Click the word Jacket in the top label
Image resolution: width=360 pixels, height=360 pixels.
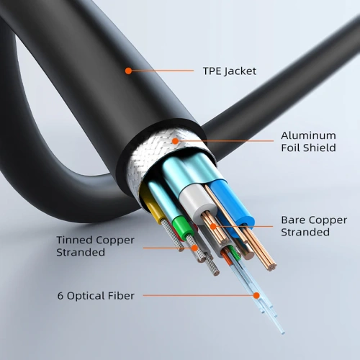click(x=240, y=71)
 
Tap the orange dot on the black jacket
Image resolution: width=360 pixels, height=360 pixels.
click(x=128, y=71)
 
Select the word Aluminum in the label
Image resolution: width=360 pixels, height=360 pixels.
click(x=308, y=135)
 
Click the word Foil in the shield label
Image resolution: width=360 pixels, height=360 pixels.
click(x=291, y=148)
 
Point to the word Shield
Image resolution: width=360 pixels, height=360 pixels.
click(x=320, y=148)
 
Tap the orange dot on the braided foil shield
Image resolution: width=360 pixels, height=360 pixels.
click(x=175, y=142)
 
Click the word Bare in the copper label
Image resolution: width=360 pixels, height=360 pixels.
click(x=293, y=220)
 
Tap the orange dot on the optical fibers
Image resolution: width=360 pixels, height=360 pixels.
click(x=255, y=294)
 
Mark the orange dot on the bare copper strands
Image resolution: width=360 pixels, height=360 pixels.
click(x=212, y=227)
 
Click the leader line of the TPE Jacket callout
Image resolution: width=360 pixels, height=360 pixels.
click(x=166, y=71)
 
